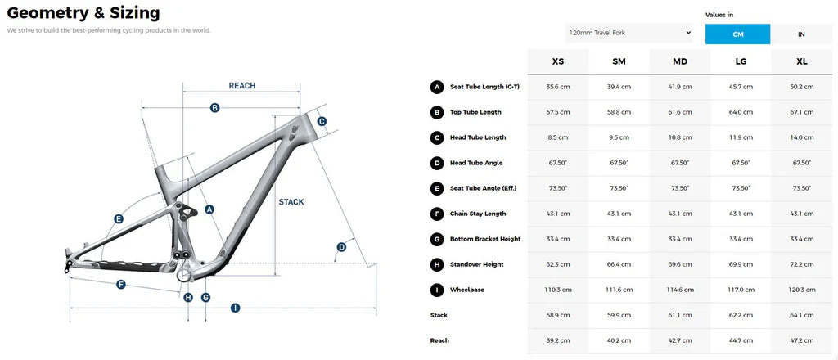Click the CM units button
click(x=737, y=34)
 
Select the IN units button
click(x=801, y=34)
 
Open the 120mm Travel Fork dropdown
click(x=629, y=33)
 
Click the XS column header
click(x=557, y=61)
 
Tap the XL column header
click(x=802, y=61)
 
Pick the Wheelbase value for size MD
click(x=680, y=290)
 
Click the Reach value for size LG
click(x=741, y=340)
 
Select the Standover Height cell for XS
click(x=557, y=264)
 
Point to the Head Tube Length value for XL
click(x=802, y=137)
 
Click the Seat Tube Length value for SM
click(x=619, y=87)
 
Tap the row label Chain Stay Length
click(x=478, y=214)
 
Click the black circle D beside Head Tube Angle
click(x=437, y=163)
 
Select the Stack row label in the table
click(x=439, y=315)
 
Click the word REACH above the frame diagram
click(x=242, y=85)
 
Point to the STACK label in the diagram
click(x=291, y=202)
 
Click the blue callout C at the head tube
click(x=322, y=121)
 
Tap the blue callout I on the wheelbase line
click(x=235, y=308)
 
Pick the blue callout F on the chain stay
click(x=121, y=286)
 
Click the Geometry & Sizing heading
click(x=83, y=13)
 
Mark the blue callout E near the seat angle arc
click(x=119, y=218)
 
